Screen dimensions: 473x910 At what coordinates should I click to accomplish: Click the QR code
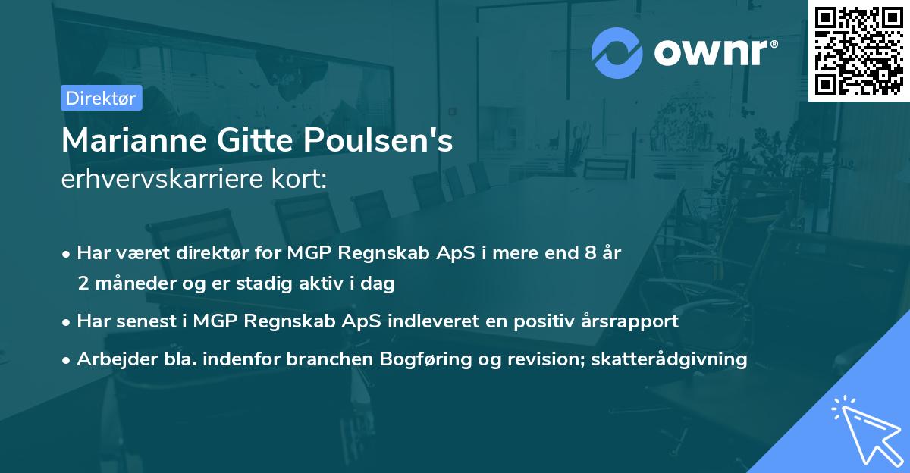[858, 50]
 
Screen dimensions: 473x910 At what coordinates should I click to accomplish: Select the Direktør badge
[101, 98]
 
